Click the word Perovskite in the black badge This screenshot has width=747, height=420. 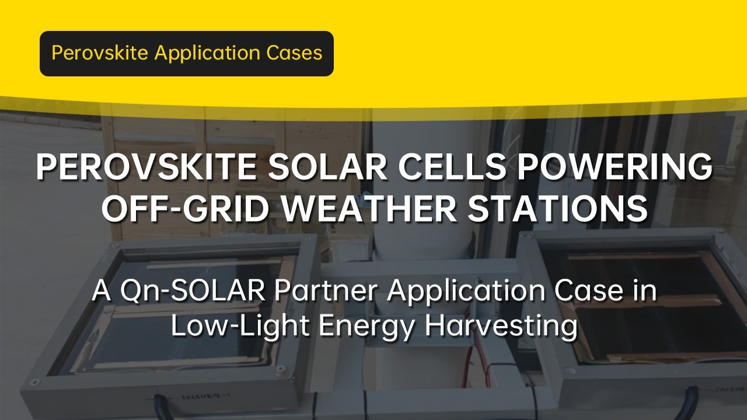pos(100,53)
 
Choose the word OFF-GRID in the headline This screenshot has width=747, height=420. pos(186,209)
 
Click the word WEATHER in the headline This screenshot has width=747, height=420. pos(369,209)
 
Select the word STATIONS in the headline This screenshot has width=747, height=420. pos(557,209)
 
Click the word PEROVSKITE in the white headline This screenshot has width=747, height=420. pos(146,167)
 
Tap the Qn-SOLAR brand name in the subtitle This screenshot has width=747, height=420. pos(193,291)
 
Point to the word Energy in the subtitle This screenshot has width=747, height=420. pos(366,327)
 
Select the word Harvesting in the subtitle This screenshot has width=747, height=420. pos(501,327)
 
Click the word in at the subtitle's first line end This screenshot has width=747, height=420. pos(645,291)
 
